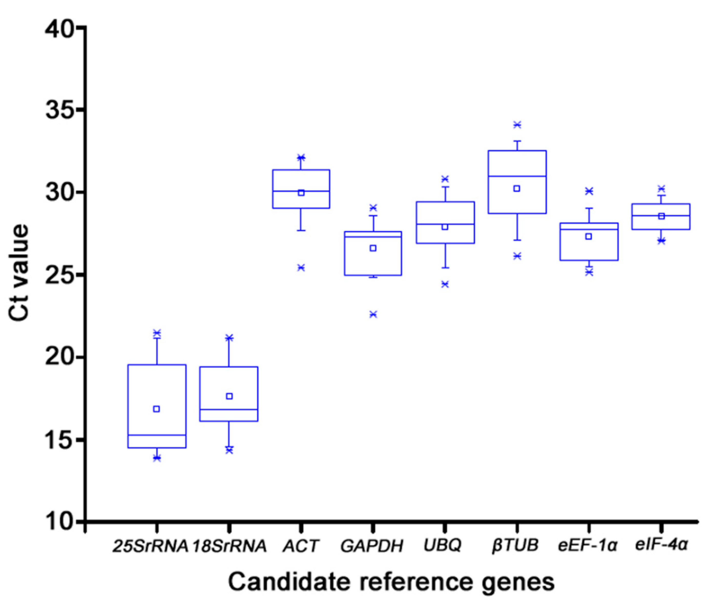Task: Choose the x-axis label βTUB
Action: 515,546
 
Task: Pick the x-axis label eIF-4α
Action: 661,545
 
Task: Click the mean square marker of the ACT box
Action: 301,193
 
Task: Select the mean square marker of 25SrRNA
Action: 156,409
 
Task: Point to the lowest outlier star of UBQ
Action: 445,284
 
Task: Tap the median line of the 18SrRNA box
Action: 229,410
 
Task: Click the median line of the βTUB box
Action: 517,176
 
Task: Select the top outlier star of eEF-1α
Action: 589,191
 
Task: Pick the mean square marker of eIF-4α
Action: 661,216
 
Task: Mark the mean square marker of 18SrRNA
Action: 229,396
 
